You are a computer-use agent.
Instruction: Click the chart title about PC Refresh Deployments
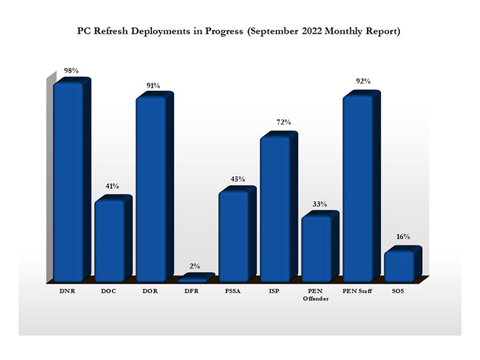[x=240, y=31]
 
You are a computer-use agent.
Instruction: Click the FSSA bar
[x=233, y=235]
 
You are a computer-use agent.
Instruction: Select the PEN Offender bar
[x=316, y=248]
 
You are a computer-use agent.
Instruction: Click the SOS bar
[x=399, y=265]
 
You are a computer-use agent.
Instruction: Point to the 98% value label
[x=70, y=71]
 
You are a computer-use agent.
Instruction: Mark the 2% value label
[x=195, y=267]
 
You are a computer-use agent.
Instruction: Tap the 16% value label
[x=402, y=237]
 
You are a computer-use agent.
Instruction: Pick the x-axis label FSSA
[x=233, y=291]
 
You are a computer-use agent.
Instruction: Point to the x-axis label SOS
[x=398, y=291]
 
